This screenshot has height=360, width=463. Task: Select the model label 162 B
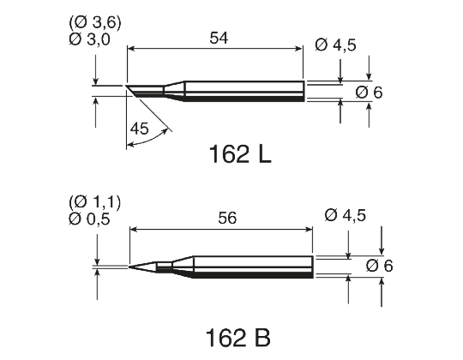(x=238, y=333)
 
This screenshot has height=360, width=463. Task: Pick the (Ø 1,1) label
(x=95, y=203)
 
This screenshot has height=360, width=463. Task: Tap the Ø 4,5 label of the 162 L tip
(x=335, y=45)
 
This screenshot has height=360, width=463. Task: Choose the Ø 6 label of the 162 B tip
(x=378, y=266)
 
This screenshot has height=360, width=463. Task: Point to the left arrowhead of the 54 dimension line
(x=130, y=50)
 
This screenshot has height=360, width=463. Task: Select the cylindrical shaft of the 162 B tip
(x=253, y=267)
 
